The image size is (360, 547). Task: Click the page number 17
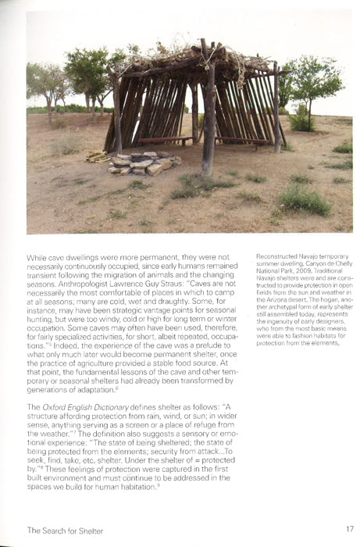pyautogui.click(x=349, y=529)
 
